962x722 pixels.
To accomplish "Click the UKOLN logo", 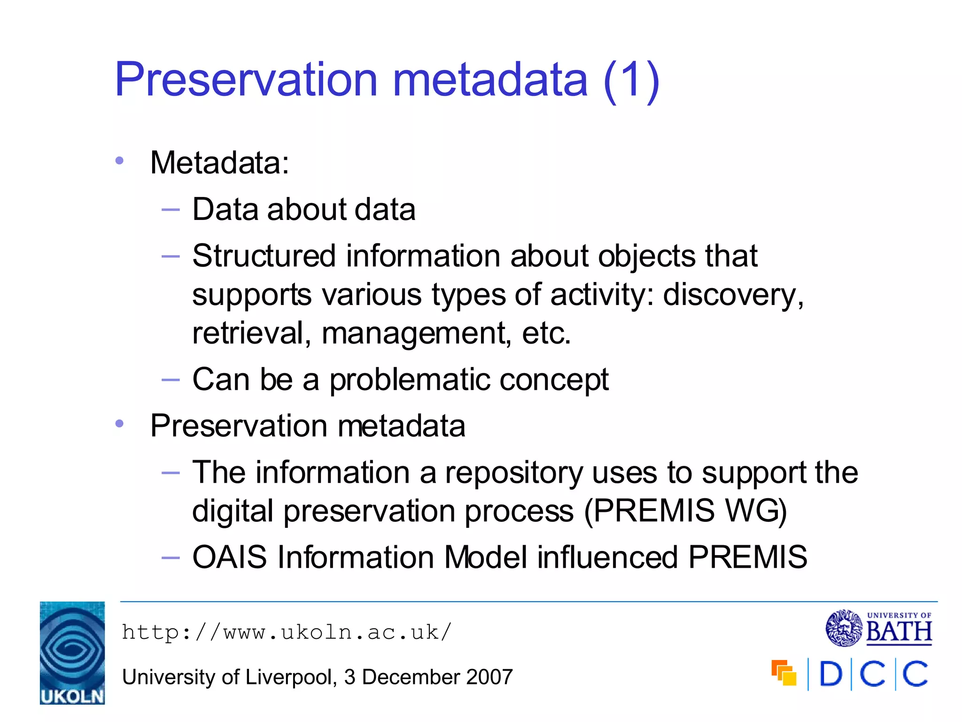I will pyautogui.click(x=72, y=652).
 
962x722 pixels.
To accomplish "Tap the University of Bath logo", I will pyautogui.click(x=879, y=628).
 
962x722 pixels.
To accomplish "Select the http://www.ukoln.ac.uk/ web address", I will pyautogui.click(x=287, y=632).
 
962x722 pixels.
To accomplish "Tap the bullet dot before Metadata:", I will pyautogui.click(x=119, y=161).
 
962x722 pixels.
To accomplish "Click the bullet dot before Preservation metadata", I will pyautogui.click(x=119, y=424).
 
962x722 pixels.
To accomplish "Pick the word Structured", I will pyautogui.click(x=264, y=256).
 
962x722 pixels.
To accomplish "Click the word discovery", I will pyautogui.click(x=733, y=295).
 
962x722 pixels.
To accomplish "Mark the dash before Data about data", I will pyautogui.click(x=170, y=210).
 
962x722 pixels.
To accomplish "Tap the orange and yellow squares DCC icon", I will pyautogui.click(x=784, y=673).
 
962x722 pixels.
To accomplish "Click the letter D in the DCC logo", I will pyautogui.click(x=831, y=674).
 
